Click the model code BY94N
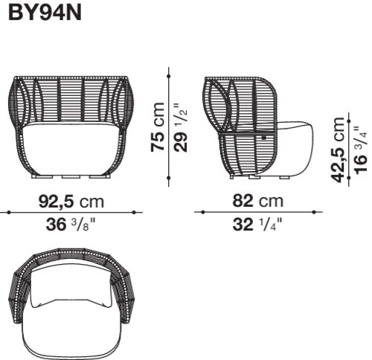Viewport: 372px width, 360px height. pyautogui.click(x=45, y=13)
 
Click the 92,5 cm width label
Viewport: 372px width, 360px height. pyautogui.click(x=71, y=202)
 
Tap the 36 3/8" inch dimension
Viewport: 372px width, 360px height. pyautogui.click(x=71, y=225)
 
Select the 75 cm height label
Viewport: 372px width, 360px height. pyautogui.click(x=158, y=126)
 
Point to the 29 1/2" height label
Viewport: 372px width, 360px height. pyautogui.click(x=181, y=127)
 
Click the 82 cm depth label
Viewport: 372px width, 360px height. pyautogui.click(x=257, y=201)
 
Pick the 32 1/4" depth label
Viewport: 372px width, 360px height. pyautogui.click(x=257, y=225)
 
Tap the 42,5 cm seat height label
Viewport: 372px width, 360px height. pyautogui.click(x=338, y=150)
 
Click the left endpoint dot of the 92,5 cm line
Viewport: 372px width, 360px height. pyautogui.click(x=9, y=212)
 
